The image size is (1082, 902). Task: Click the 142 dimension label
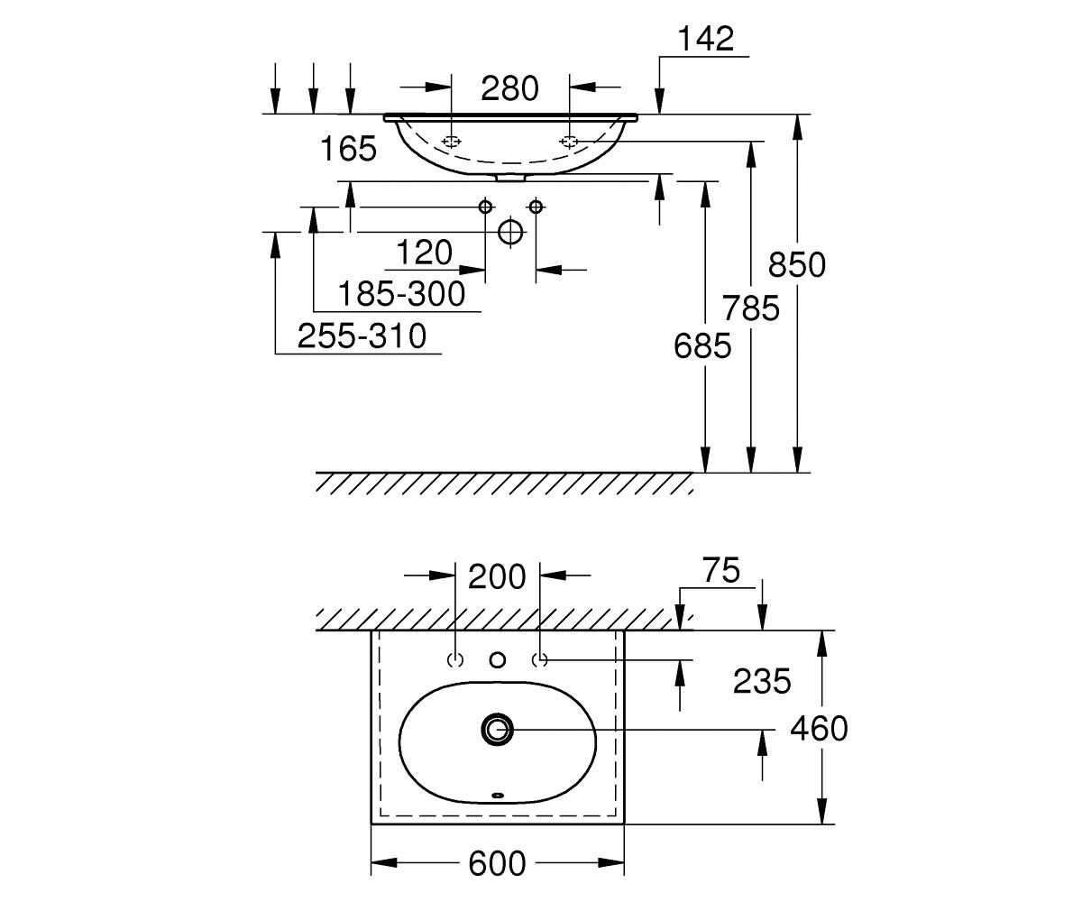coord(706,39)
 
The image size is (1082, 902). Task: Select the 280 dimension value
coord(510,88)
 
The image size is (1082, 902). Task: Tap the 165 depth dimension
coord(348,149)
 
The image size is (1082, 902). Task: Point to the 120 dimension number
coord(425,253)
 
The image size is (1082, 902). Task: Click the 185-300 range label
coord(401,294)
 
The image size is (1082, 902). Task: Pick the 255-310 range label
coord(362,336)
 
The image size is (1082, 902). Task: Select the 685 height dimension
coord(702,346)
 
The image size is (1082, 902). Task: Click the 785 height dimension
coord(751,308)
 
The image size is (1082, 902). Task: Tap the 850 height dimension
coord(797,265)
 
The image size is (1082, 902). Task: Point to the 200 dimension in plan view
coord(497,577)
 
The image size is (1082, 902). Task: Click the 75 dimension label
coord(721,570)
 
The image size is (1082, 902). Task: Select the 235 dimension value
coord(762,681)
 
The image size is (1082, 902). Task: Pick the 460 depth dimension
coord(820,728)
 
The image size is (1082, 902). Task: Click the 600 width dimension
coord(497,863)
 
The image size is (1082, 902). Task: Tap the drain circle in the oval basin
coord(498,730)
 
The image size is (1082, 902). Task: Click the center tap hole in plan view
coord(498,660)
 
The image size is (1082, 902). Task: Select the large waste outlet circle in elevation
coord(510,232)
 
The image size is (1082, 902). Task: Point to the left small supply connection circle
coord(486,207)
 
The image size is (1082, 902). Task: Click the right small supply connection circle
coord(536,207)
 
